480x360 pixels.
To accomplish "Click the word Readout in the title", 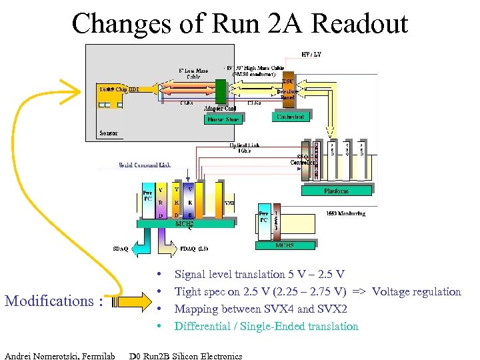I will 359,24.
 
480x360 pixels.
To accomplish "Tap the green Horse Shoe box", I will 224,120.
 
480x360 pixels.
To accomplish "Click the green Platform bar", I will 337,191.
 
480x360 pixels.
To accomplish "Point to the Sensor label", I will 108,133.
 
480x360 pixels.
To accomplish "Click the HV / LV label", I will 311,54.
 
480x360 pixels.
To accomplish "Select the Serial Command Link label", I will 145,165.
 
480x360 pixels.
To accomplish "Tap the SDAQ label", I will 121,249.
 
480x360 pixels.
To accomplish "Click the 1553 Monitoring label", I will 346,213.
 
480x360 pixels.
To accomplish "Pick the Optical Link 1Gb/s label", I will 245,149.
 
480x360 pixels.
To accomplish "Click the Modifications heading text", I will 54,301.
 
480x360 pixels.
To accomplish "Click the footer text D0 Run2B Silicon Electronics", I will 186,355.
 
